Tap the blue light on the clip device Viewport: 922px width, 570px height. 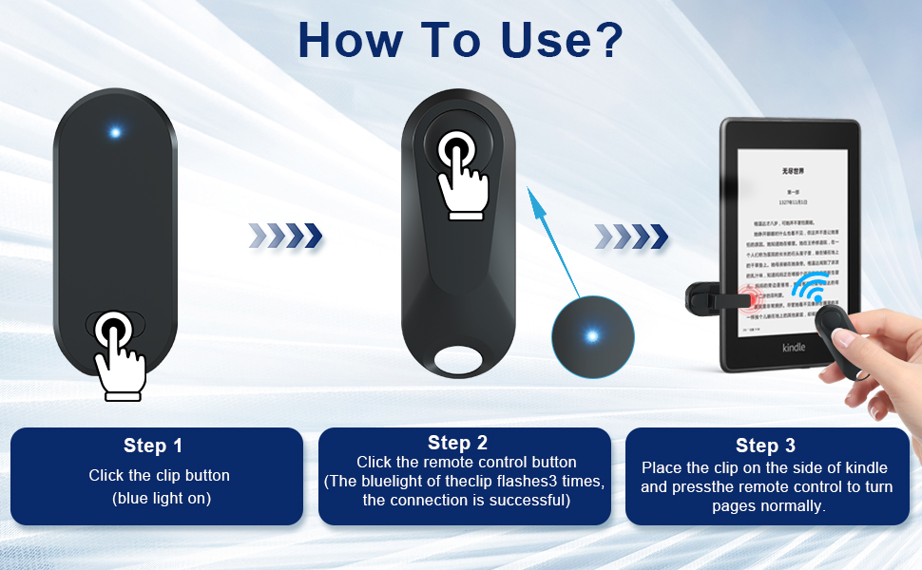tap(115, 132)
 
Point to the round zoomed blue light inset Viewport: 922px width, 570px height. tap(592, 335)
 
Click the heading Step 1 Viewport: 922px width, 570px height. tap(152, 446)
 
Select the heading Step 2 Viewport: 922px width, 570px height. tap(457, 442)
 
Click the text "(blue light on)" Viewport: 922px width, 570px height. tap(161, 498)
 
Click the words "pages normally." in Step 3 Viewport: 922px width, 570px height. tap(768, 506)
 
